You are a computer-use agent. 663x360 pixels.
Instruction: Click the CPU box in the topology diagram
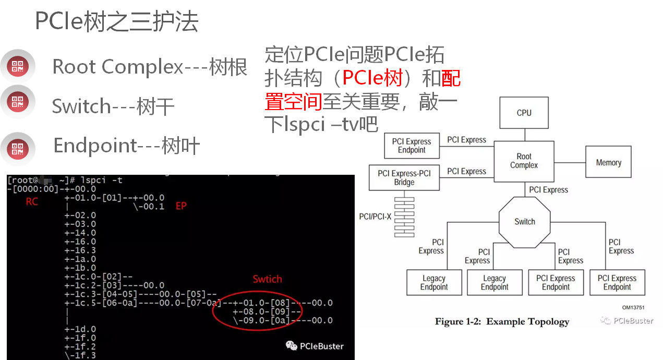(x=524, y=113)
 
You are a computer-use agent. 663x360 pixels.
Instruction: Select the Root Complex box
(x=524, y=161)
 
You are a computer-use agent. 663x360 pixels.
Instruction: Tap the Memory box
(x=608, y=163)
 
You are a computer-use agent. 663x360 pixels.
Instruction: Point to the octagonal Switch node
(x=524, y=222)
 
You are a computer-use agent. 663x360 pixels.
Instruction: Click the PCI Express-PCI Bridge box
(x=404, y=178)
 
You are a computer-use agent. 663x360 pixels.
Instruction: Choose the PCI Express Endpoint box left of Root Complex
(x=412, y=146)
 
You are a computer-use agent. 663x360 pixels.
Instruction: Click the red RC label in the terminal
(x=32, y=202)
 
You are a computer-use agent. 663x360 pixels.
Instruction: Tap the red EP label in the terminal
(x=181, y=206)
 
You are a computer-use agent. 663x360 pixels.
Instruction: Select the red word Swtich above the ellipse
(x=267, y=279)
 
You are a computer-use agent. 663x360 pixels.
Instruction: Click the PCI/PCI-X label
(x=375, y=217)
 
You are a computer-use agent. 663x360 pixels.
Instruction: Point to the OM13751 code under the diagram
(x=633, y=308)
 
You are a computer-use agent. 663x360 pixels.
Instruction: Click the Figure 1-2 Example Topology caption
(x=502, y=321)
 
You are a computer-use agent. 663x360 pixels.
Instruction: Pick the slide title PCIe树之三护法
(x=117, y=22)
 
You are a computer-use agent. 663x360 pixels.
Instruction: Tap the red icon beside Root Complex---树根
(x=18, y=66)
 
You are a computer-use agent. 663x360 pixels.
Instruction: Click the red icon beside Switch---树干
(x=18, y=102)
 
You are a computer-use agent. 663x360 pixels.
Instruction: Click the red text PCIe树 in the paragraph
(x=372, y=78)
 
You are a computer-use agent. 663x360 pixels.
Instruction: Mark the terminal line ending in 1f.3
(x=81, y=355)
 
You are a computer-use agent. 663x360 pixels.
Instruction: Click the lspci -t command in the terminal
(x=102, y=180)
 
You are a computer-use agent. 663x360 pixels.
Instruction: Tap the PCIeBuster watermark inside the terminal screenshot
(x=315, y=345)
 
